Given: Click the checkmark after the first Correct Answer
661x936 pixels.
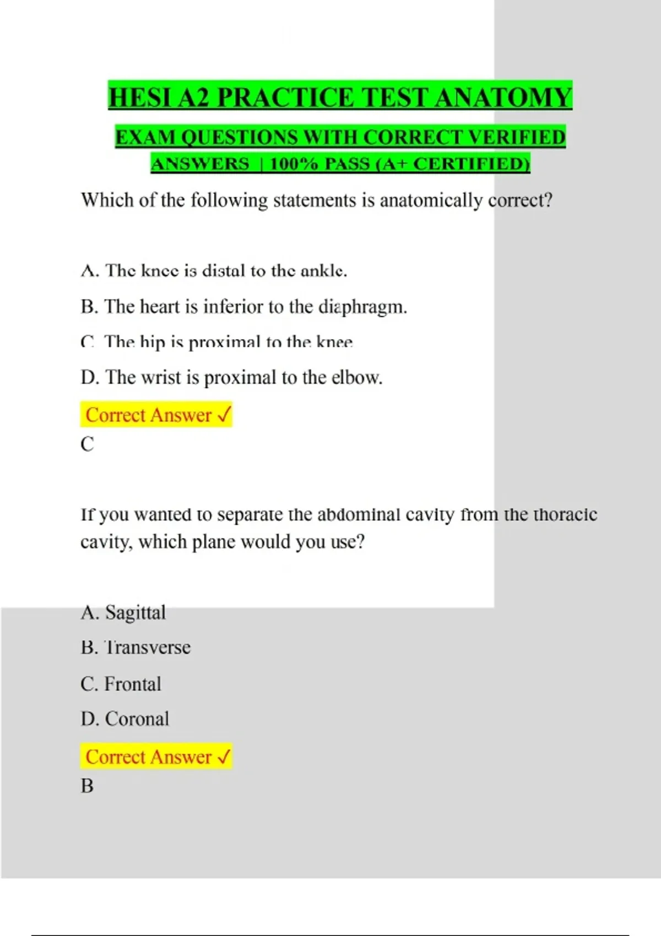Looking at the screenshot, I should pos(224,415).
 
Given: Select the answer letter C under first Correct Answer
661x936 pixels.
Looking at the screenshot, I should pos(87,444).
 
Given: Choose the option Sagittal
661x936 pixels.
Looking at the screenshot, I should pos(135,613).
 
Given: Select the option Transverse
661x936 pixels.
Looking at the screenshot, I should pos(148,647).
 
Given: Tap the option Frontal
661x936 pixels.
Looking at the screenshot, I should pos(133,684).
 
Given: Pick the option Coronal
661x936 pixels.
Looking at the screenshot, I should pos(137,719).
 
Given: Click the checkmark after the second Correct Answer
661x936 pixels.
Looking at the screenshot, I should pos(224,757).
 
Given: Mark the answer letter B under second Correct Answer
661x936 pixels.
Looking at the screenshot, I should pos(87,786).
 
